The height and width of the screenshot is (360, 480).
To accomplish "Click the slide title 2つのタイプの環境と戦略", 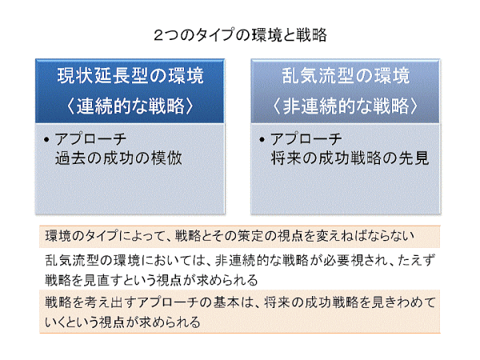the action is pos(240,35).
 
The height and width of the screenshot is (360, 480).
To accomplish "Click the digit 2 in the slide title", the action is pos(158,35).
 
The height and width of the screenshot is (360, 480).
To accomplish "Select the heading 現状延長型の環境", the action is pos(130,76).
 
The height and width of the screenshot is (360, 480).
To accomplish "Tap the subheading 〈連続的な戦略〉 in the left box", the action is pos(130,106).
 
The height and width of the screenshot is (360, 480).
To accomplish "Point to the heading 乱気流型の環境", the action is pos(346,76).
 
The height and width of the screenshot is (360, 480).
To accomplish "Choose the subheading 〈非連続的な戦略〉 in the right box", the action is pos(346,106).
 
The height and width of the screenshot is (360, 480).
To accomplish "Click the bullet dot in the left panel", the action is pos(46,140).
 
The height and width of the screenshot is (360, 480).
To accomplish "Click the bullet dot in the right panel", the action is pos(262,140).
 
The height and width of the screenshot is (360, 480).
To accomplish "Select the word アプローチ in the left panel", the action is pos(90,139).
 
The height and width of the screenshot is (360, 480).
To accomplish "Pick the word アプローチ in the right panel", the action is pos(306,139).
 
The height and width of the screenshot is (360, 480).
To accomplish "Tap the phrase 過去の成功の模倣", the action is pos(118,158).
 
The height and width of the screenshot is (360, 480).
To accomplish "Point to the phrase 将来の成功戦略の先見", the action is pos(350,158).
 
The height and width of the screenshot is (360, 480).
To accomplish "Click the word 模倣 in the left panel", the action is pos(167,158).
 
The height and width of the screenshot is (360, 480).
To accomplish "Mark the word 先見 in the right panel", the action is pos(414,158).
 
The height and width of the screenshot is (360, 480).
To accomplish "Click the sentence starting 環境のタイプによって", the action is pos(230,236).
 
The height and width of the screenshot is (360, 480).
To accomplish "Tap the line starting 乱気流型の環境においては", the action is pos(240,261).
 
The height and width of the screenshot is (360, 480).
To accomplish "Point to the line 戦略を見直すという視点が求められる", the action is pos(151,281).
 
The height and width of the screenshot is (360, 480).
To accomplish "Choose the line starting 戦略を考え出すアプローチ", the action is pos(240,302).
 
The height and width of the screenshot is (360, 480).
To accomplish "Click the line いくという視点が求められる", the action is pos(122,322).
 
